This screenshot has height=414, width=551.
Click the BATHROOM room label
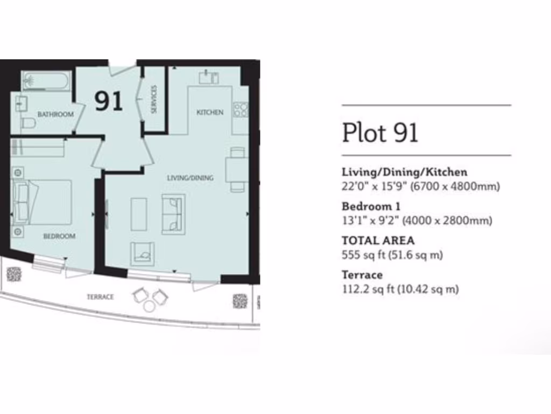tap(55, 114)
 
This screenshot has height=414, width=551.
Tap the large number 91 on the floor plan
tap(109, 101)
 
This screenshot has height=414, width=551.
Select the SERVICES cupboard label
tap(154, 99)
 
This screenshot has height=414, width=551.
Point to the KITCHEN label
tap(210, 112)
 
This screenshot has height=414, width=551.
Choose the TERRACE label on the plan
tap(101, 297)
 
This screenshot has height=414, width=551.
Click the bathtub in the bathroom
tap(46, 81)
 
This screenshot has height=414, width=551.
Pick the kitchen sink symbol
tap(208, 78)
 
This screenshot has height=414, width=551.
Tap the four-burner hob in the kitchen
tap(240, 110)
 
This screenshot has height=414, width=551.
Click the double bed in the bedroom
tap(43, 202)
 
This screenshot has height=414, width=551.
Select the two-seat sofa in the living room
tap(173, 214)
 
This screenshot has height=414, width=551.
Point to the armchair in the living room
tap(142, 253)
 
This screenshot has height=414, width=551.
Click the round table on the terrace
tap(149, 306)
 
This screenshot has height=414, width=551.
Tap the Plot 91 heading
tap(380, 132)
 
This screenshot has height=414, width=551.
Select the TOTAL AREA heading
tap(378, 241)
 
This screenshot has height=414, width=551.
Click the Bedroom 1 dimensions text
tap(417, 220)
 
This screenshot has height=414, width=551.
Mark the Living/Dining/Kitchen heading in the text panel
tap(405, 172)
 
